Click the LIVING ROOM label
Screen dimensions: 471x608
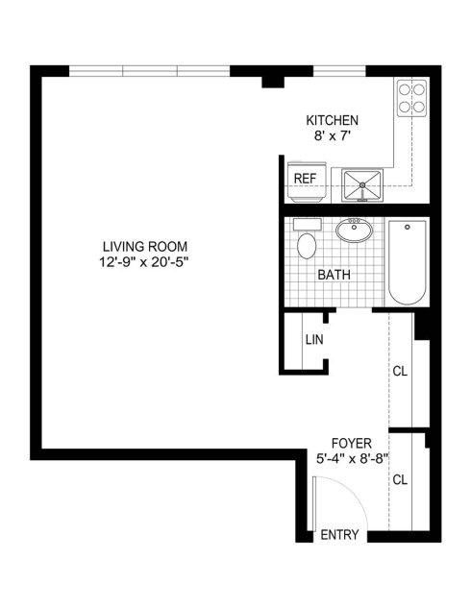(x=145, y=247)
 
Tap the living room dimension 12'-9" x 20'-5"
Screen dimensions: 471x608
(x=144, y=262)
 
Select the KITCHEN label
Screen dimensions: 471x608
(x=333, y=121)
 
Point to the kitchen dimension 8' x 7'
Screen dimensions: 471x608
(x=333, y=136)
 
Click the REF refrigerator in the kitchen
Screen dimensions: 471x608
(x=305, y=182)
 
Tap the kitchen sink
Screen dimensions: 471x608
(x=362, y=185)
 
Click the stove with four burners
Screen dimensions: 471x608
(x=411, y=98)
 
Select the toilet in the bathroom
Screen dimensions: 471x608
(x=307, y=238)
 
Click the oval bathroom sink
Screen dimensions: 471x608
(x=354, y=231)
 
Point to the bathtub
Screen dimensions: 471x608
(x=408, y=262)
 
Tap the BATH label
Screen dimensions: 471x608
(x=335, y=275)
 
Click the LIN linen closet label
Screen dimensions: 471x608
(x=314, y=340)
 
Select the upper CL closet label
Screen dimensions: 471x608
(x=400, y=372)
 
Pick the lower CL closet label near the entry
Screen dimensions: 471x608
(x=400, y=480)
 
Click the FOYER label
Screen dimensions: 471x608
(x=352, y=443)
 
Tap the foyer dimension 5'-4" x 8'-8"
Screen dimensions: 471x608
(x=352, y=459)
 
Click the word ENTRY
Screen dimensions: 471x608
(x=339, y=535)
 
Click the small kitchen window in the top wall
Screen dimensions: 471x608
(x=339, y=71)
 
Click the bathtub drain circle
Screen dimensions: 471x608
(x=408, y=227)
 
